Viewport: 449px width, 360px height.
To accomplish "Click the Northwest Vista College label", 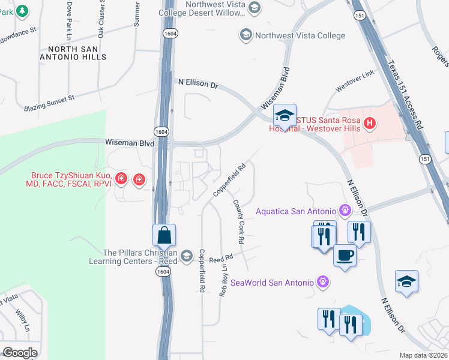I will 300,35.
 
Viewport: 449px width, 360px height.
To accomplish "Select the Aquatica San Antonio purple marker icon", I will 345,210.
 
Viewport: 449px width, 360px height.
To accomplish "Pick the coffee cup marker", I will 345,254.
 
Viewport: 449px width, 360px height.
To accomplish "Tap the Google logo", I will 20,352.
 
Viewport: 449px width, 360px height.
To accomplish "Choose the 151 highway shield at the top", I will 358,16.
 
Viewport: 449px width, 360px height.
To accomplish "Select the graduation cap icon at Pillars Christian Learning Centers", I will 186,256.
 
